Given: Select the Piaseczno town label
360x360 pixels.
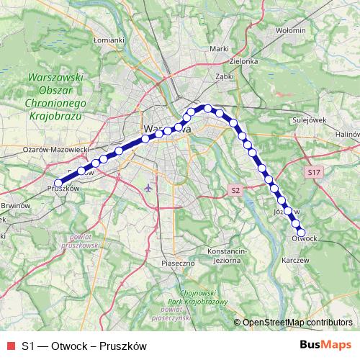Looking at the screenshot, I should [179, 264].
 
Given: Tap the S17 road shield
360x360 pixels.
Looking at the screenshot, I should [312, 173].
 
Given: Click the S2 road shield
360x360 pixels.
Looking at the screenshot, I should [235, 189].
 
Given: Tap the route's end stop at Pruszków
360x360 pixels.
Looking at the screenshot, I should [59, 183].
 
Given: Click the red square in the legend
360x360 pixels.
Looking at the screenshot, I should [9, 346].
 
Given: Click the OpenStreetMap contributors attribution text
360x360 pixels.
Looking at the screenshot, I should [297, 323].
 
